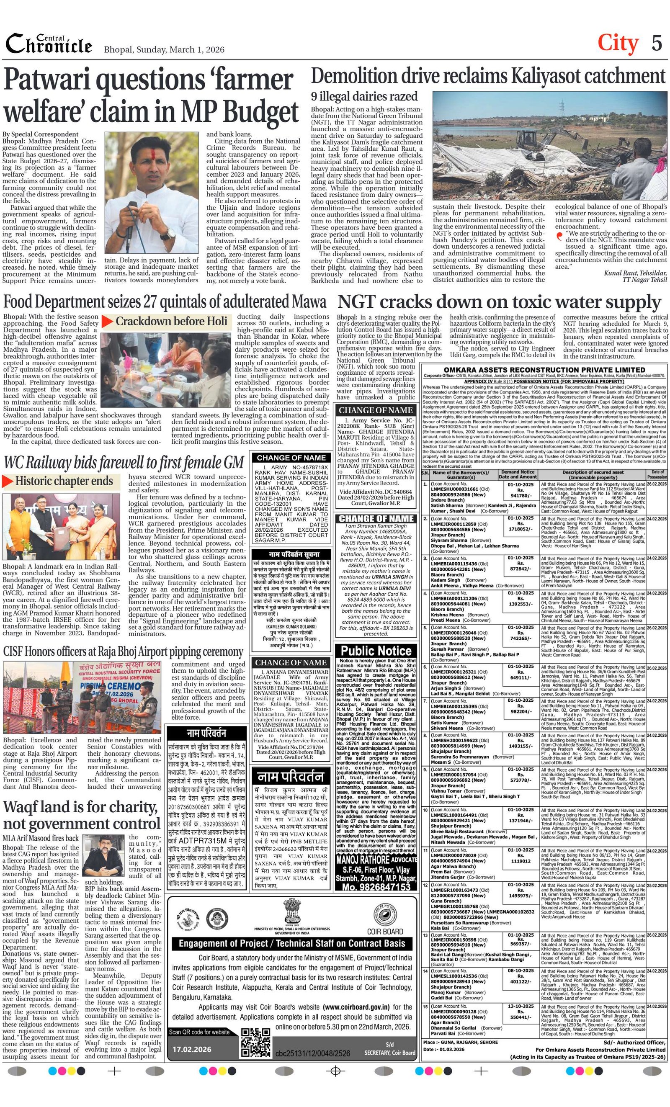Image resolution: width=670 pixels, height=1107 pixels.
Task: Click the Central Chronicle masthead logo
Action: tap(49, 44)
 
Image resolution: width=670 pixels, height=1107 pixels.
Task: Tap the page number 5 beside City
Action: tap(657, 44)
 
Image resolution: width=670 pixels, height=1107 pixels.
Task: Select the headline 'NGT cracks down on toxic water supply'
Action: tap(499, 302)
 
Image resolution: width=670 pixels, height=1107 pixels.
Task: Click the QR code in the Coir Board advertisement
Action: tap(256, 1042)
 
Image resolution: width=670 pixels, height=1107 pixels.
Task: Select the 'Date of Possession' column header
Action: tap(657, 474)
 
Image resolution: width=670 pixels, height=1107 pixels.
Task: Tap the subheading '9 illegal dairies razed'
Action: tap(364, 97)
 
